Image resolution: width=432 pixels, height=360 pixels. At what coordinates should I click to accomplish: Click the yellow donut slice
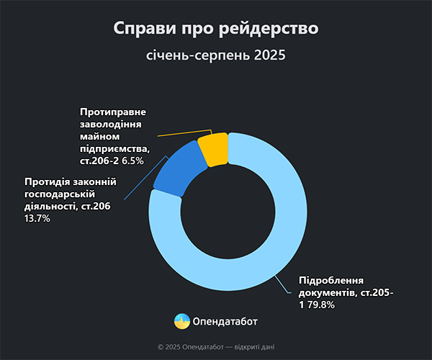pyautogui.click(x=212, y=149)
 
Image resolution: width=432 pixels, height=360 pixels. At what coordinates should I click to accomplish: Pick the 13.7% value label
pyautogui.click(x=37, y=219)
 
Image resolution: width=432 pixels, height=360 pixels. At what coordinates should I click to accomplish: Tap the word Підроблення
pyautogui.click(x=330, y=281)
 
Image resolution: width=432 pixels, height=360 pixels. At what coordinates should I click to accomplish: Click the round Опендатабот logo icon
pyautogui.click(x=182, y=322)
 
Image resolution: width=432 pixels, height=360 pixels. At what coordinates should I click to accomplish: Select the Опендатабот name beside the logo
pyautogui.click(x=225, y=322)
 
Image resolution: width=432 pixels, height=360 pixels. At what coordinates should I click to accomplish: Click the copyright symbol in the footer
pyautogui.click(x=161, y=346)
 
